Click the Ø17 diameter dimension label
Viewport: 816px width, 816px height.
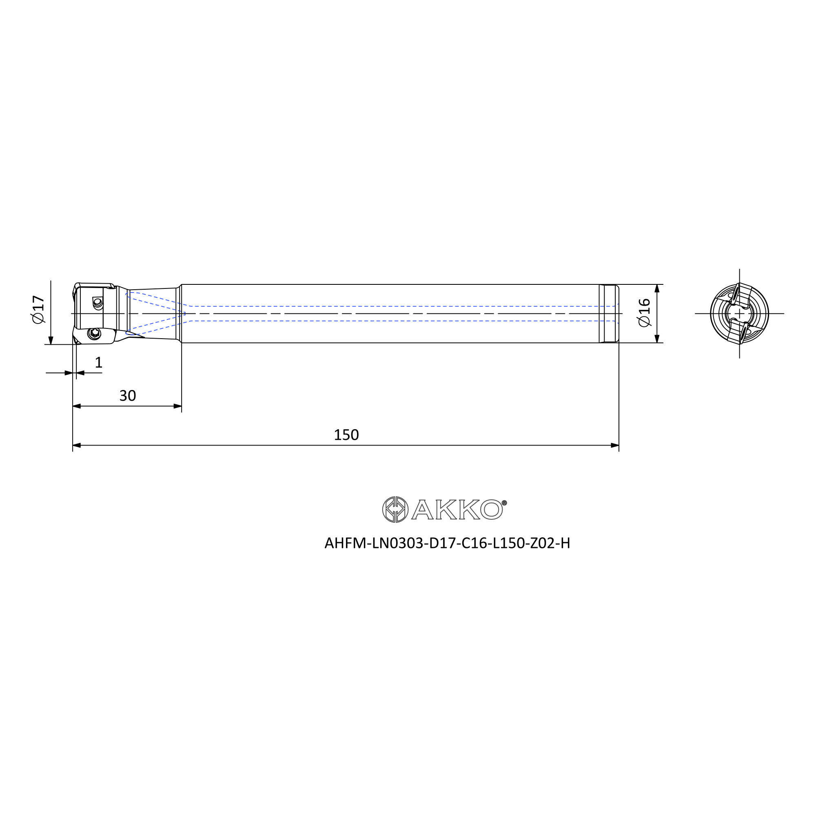coord(38,310)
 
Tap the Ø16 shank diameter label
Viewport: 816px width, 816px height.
coord(645,313)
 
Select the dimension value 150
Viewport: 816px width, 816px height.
coord(346,435)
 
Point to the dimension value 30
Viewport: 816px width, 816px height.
coord(128,396)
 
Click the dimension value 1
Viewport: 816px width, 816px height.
coord(99,362)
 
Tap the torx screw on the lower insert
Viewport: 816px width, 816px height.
coord(94,334)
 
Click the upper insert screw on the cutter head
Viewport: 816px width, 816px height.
coord(98,302)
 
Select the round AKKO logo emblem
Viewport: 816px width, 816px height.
coord(395,510)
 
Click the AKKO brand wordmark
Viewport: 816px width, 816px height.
coord(457,510)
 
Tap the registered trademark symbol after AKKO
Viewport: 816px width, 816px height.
coord(504,503)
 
